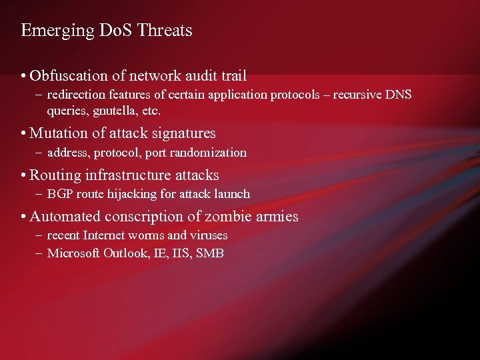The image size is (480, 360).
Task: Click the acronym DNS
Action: (x=398, y=95)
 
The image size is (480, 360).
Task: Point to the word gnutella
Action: (x=114, y=110)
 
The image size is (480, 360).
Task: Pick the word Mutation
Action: (x=55, y=133)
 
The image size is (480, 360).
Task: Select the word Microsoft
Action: (x=73, y=253)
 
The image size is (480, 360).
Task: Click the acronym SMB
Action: (x=210, y=253)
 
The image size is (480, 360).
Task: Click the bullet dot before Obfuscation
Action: (x=23, y=76)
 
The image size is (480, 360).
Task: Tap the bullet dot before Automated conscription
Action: (x=23, y=217)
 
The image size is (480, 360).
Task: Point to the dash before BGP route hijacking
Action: (x=39, y=194)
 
